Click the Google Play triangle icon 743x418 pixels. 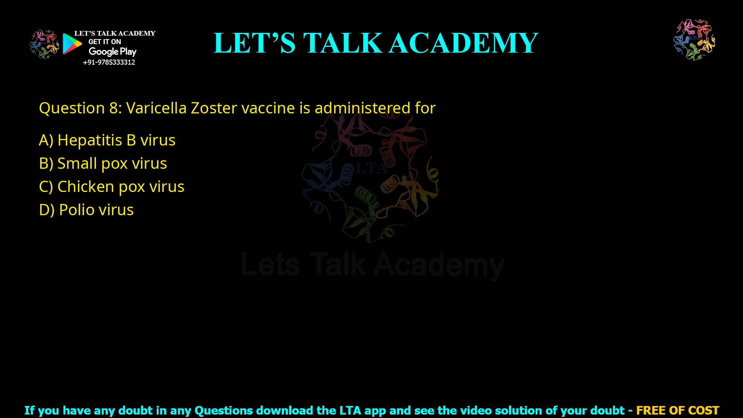(x=72, y=44)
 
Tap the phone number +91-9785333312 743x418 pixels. (x=109, y=62)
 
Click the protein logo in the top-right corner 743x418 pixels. (x=694, y=39)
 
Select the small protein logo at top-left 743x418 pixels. (x=45, y=44)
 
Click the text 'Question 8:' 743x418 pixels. (x=80, y=108)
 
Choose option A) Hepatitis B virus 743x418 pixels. (x=107, y=140)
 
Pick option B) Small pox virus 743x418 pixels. (x=103, y=163)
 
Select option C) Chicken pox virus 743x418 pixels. (x=112, y=187)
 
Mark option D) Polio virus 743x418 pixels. (x=86, y=210)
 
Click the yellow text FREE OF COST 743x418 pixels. (x=677, y=410)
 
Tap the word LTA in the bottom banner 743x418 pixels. (x=350, y=410)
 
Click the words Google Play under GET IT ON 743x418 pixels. (x=112, y=52)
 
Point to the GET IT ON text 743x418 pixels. (x=104, y=42)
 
